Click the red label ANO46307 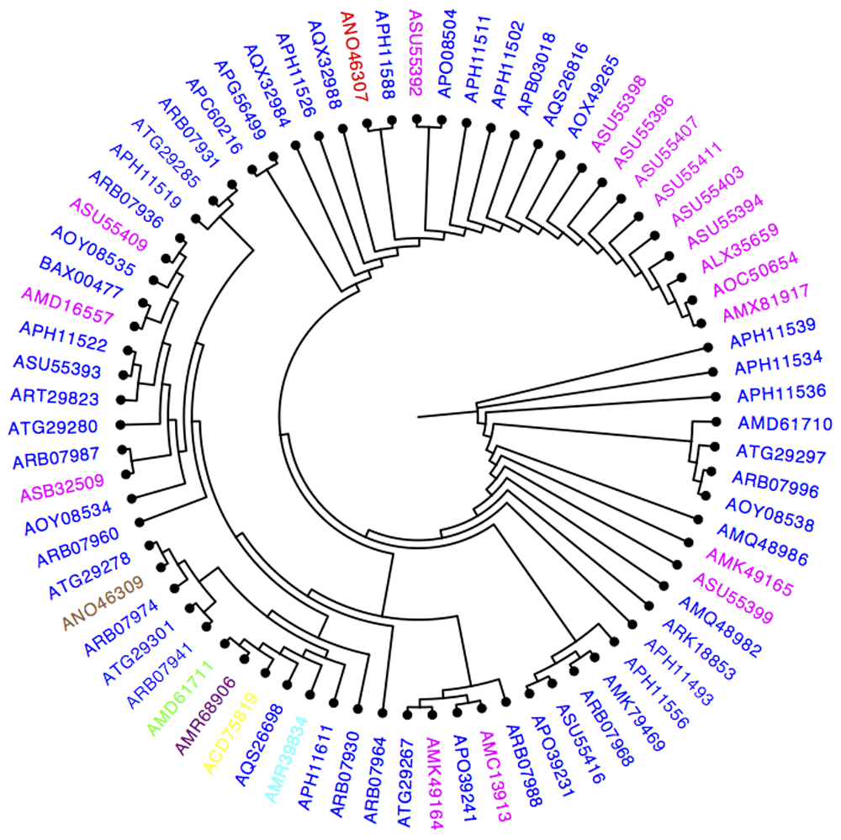tap(354, 56)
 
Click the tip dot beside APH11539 tap(707, 346)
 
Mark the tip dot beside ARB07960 tap(138, 521)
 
